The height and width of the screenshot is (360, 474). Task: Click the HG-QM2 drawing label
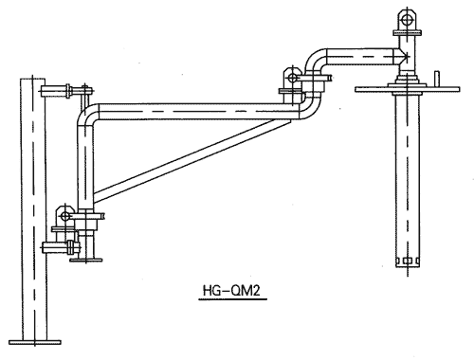click(232, 291)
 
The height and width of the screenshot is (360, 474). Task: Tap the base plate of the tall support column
click(35, 342)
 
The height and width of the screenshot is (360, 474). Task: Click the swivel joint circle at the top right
click(407, 20)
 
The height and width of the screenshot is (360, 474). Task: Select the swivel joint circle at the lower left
click(65, 216)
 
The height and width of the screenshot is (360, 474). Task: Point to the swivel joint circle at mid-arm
click(293, 78)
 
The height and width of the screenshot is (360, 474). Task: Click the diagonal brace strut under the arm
click(192, 161)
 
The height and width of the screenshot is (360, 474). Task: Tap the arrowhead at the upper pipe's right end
click(404, 57)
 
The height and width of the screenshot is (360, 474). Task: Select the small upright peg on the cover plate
click(437, 79)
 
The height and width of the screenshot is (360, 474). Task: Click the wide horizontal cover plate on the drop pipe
click(407, 89)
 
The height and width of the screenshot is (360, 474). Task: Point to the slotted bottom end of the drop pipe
click(408, 261)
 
